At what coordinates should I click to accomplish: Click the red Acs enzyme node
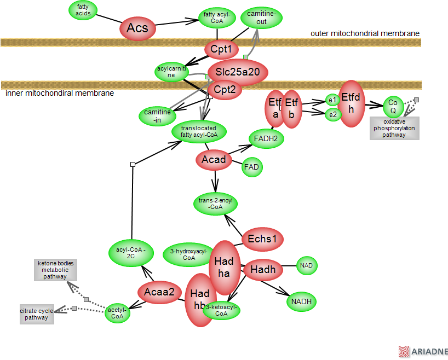[137, 27]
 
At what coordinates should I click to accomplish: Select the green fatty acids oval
[83, 10]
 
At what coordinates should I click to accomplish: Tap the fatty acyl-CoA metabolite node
[217, 18]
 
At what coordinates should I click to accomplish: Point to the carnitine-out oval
[262, 18]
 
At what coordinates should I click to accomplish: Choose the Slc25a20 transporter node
[238, 72]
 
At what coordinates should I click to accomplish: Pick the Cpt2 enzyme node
[225, 90]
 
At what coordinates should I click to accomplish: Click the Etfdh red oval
[351, 103]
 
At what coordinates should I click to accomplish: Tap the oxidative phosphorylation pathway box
[394, 128]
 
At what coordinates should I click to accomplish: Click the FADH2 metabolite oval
[267, 139]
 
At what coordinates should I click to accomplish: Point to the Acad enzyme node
[214, 160]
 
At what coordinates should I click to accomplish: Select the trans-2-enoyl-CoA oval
[216, 204]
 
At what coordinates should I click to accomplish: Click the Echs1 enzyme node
[262, 239]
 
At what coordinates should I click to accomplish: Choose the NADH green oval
[301, 301]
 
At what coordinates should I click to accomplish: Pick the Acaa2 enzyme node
[159, 293]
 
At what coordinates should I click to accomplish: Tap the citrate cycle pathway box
[37, 314]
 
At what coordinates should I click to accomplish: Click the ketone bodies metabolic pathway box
[54, 270]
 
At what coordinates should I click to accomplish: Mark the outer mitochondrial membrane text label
[365, 33]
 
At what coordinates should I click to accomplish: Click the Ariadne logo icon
[404, 352]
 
